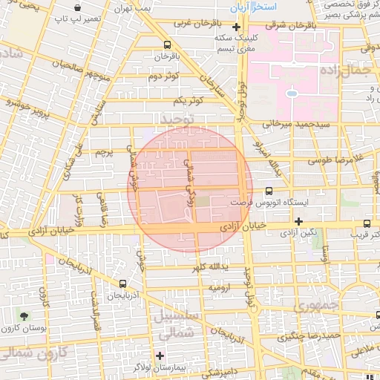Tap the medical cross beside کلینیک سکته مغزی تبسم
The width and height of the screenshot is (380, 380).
[x=236, y=28]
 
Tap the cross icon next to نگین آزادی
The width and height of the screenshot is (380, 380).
[x=298, y=221]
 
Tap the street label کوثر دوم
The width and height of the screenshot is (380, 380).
[x=163, y=76]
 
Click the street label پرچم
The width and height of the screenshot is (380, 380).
[x=103, y=152]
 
